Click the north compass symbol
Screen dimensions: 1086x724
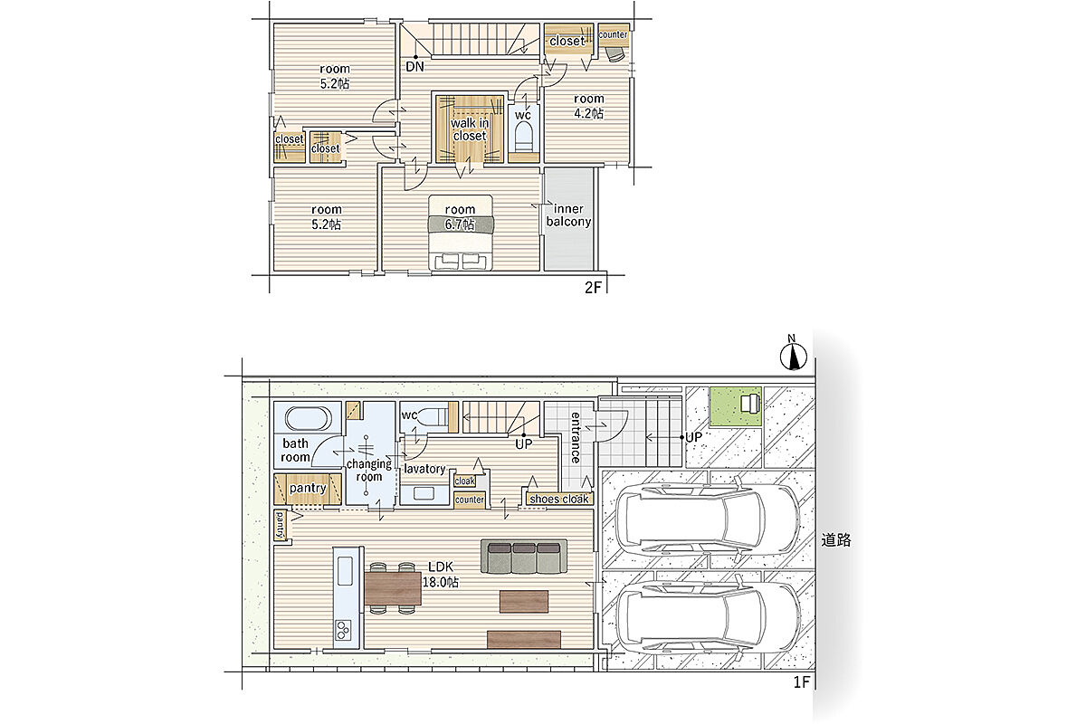pos(794,356)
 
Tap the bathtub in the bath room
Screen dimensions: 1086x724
pos(309,418)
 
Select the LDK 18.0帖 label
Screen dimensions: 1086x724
pos(441,574)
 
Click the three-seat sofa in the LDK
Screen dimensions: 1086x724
pos(524,557)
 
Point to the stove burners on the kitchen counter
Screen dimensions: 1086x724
pos(343,630)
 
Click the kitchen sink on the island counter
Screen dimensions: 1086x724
pos(345,571)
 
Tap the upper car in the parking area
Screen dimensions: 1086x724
pos(709,521)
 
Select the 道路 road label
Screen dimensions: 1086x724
pos(836,540)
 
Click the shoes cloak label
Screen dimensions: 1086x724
pos(559,499)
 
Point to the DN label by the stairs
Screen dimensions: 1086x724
pos(415,67)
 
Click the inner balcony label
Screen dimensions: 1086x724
pos(568,215)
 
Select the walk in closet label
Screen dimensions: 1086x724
pos(470,129)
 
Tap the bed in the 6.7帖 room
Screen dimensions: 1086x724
pos(461,233)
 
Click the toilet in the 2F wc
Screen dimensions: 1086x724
pos(524,136)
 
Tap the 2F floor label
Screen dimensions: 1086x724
pos(593,288)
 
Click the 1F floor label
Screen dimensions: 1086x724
pos(802,682)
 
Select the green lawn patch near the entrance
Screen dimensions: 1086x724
pos(736,406)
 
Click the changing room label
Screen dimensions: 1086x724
pos(369,470)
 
